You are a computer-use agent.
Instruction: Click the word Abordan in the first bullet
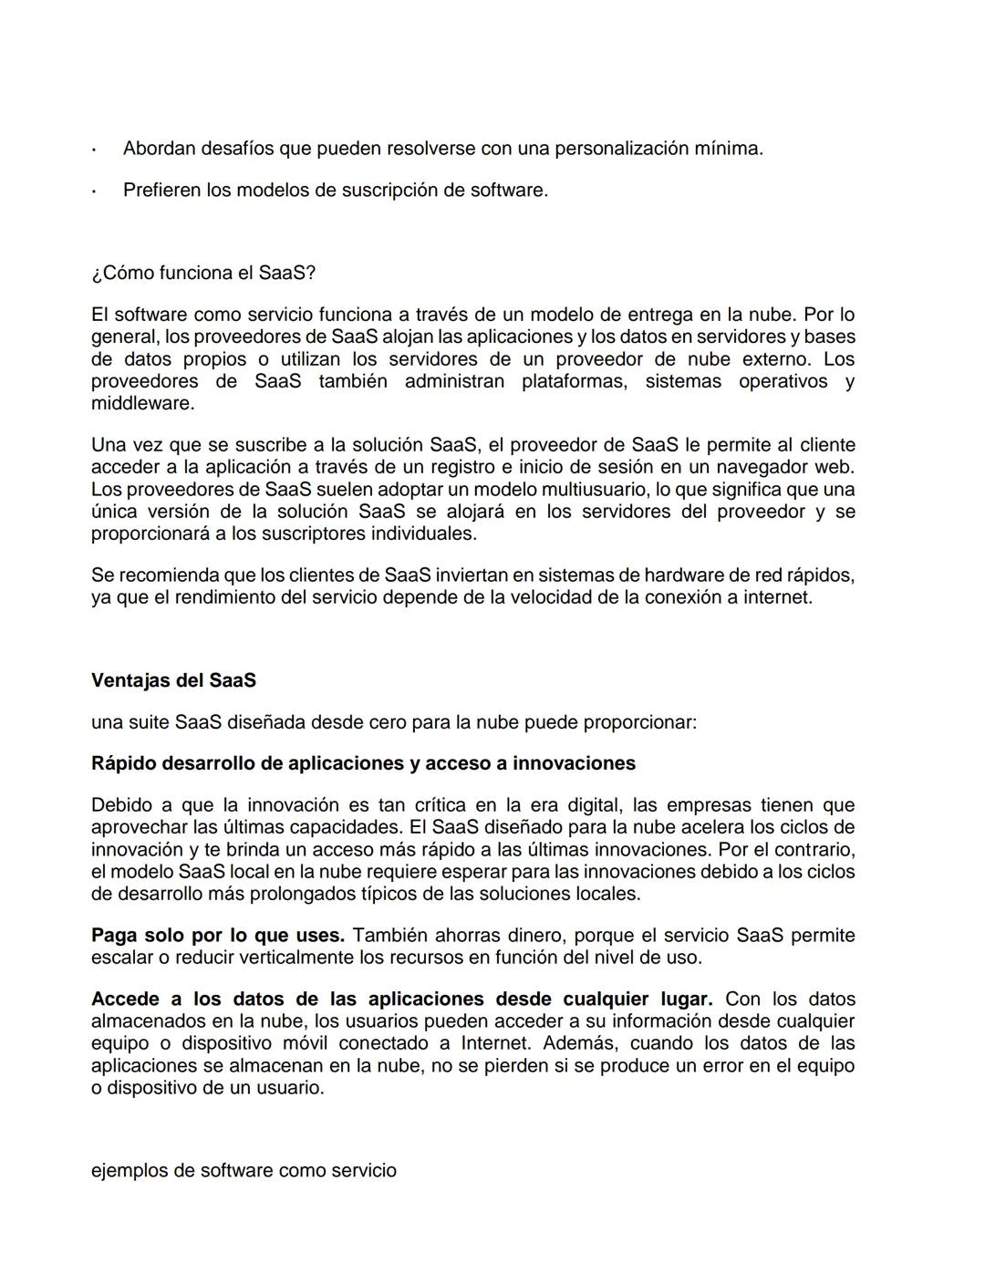[x=159, y=148]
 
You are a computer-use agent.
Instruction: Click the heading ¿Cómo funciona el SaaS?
[x=203, y=273]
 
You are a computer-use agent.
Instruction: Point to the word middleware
[x=141, y=403]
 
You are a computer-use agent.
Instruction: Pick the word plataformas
[x=574, y=381]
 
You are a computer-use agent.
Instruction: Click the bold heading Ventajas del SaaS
[x=173, y=680]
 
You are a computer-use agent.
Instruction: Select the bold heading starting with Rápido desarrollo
[x=363, y=763]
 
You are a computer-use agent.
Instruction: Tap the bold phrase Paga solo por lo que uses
[x=218, y=936]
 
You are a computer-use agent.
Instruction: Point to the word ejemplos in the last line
[x=130, y=1170]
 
